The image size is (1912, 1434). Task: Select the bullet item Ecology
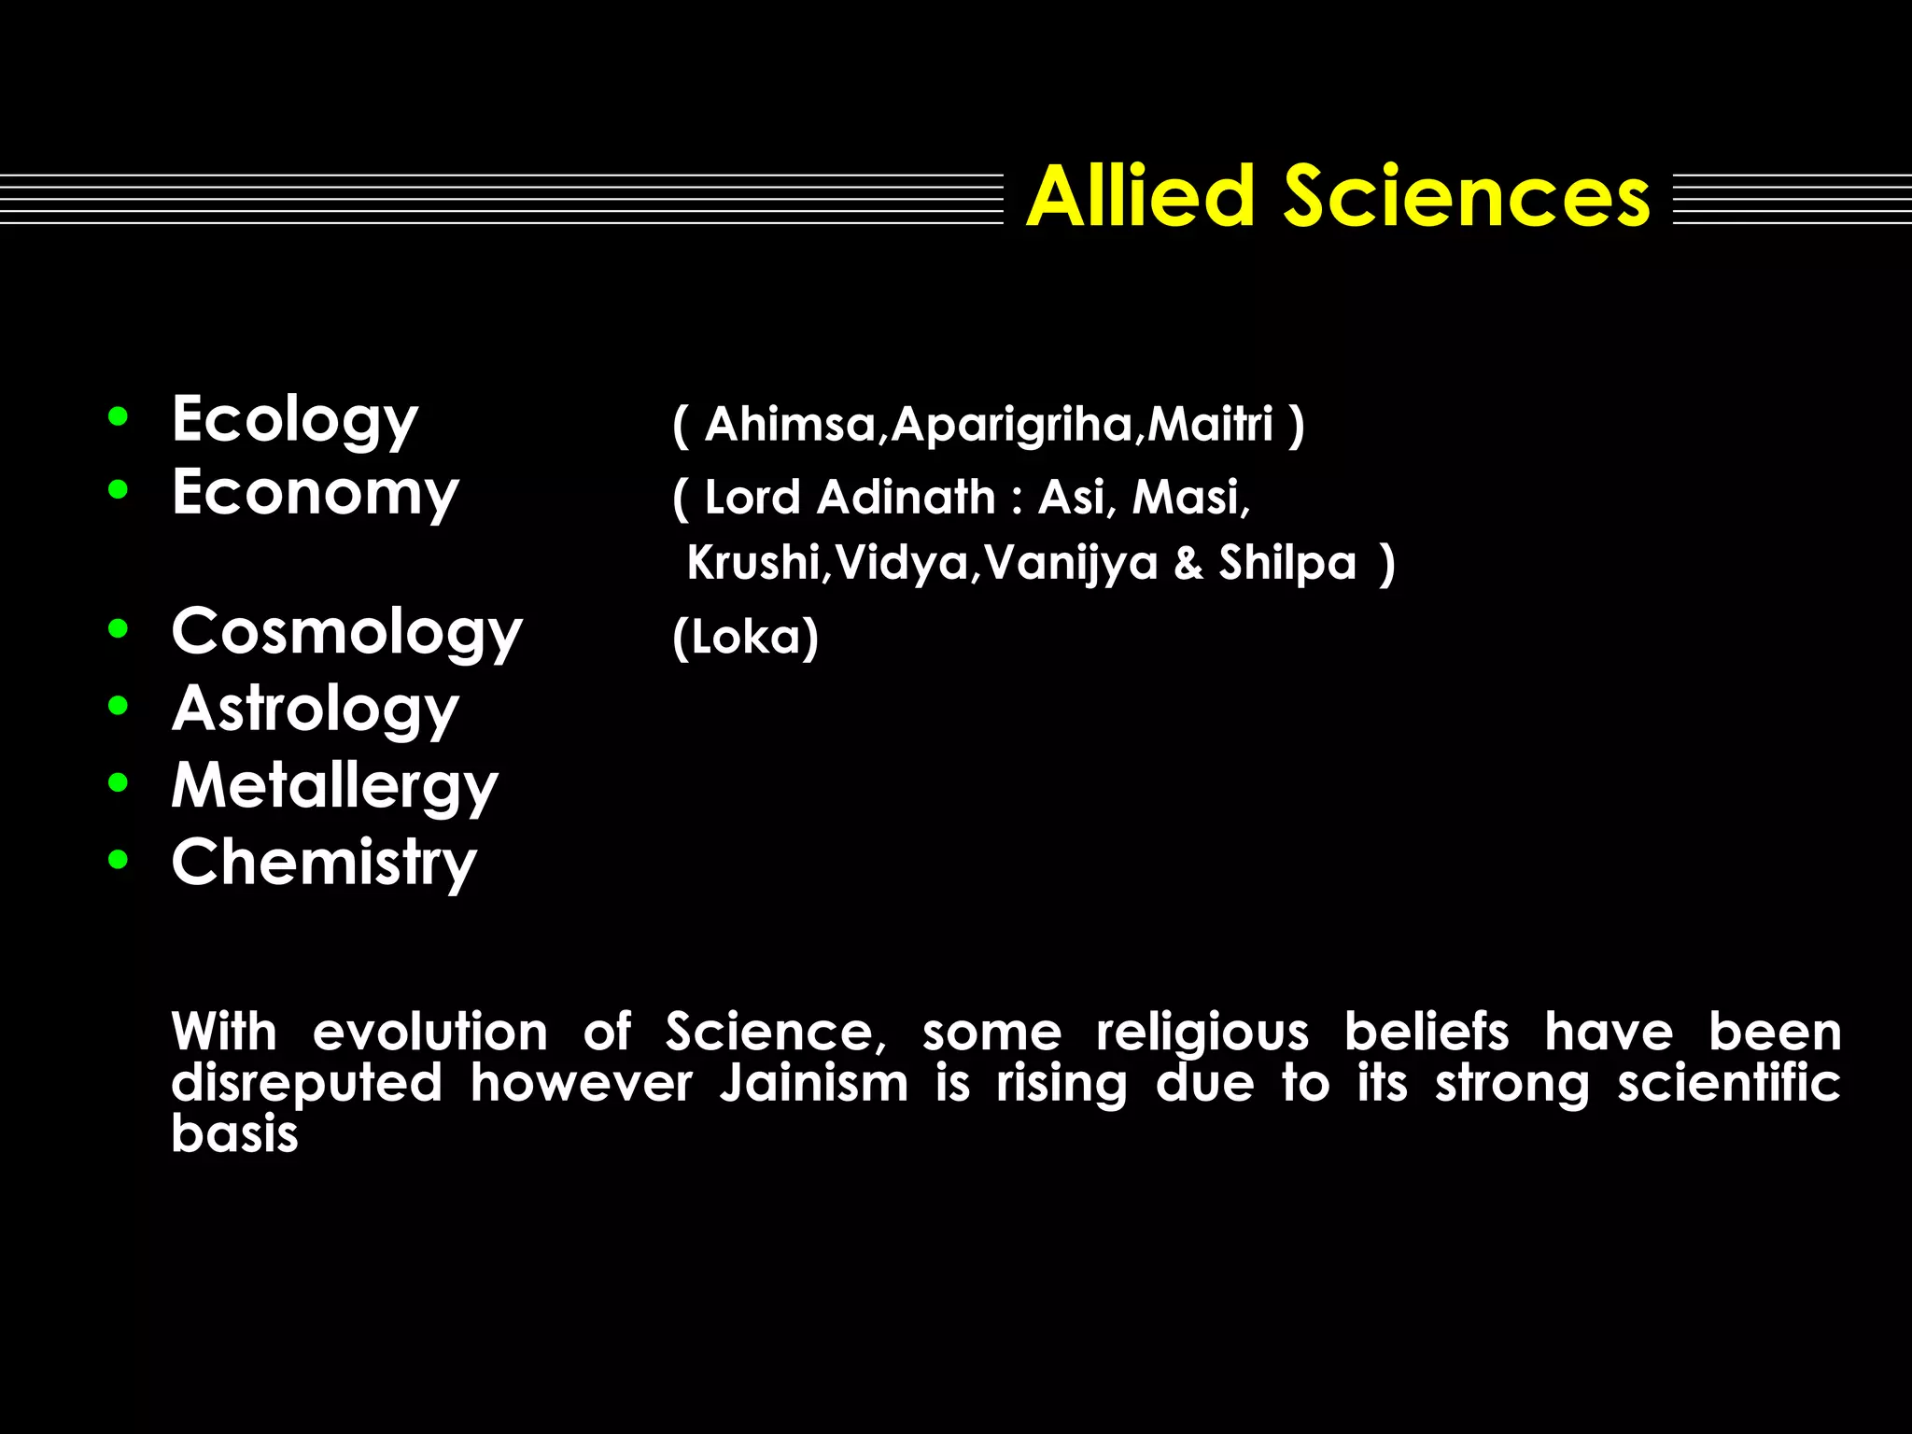click(295, 419)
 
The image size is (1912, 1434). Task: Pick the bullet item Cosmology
click(346, 632)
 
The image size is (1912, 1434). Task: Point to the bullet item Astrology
click(316, 709)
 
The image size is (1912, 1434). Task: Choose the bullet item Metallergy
click(334, 785)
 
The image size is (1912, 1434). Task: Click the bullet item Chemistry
click(324, 862)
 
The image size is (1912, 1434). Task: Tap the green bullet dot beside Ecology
click(118, 416)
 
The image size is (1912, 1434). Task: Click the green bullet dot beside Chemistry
click(118, 860)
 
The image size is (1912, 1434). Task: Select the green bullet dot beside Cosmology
click(118, 629)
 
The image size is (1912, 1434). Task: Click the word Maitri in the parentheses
click(1210, 425)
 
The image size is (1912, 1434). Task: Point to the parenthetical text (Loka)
click(745, 638)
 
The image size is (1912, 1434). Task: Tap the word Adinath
click(906, 498)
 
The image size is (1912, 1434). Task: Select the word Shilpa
click(1286, 563)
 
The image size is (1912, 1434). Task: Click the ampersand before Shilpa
click(1188, 563)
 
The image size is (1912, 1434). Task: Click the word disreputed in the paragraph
click(306, 1084)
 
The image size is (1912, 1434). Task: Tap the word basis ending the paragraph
click(234, 1134)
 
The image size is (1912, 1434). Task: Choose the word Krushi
click(752, 563)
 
